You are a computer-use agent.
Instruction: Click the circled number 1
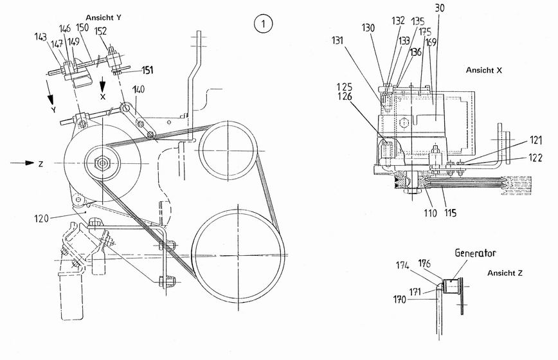click(263, 24)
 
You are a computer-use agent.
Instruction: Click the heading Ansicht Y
click(104, 17)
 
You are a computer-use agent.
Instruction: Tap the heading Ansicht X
click(484, 70)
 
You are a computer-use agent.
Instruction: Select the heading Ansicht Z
click(505, 273)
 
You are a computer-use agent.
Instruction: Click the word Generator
click(476, 253)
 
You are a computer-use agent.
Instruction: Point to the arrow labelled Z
click(22, 163)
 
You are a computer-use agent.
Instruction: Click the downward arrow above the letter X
click(102, 84)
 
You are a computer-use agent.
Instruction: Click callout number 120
click(41, 218)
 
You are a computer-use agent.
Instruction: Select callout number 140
click(138, 89)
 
